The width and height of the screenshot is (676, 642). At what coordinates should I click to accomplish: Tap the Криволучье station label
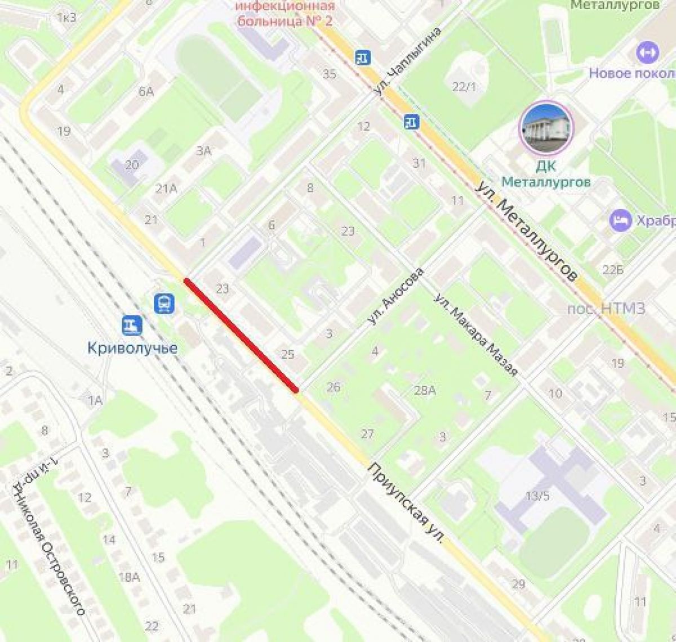[132, 349]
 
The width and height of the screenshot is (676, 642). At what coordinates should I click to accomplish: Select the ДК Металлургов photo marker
[546, 128]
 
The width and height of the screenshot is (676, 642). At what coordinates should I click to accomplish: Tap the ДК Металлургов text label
[546, 174]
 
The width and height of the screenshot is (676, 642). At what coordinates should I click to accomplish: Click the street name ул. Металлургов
[527, 231]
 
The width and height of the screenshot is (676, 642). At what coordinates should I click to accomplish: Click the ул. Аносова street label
[394, 296]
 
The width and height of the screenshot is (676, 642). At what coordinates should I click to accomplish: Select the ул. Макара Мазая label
[476, 335]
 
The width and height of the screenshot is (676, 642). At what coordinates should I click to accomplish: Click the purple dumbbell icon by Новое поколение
[647, 53]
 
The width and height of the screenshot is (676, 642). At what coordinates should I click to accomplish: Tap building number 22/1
[464, 86]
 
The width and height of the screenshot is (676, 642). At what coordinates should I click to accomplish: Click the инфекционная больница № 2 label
[286, 14]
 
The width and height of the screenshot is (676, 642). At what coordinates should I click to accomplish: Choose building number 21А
[166, 189]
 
